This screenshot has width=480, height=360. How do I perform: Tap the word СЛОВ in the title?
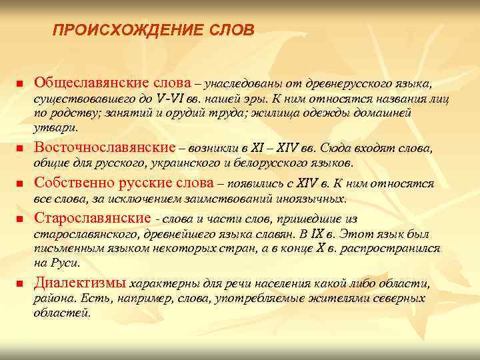coord(231,31)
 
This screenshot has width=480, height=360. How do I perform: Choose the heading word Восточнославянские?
coord(105,147)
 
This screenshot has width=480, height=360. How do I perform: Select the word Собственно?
coord(74,183)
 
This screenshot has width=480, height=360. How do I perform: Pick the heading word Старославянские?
coord(92,219)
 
